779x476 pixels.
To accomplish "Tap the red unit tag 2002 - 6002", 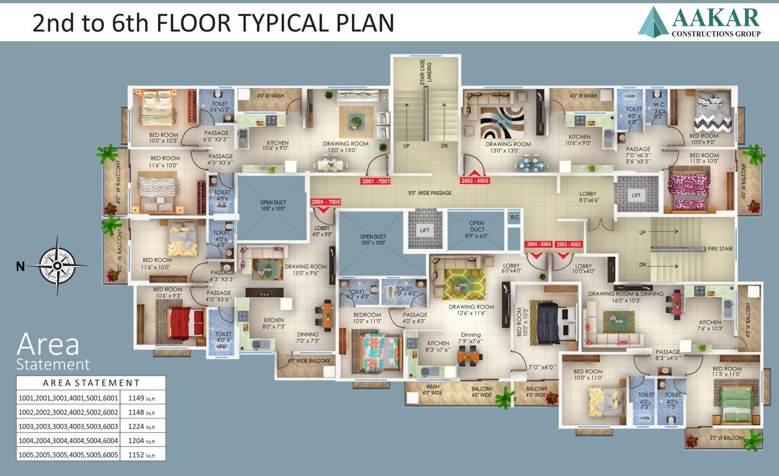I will pos(475,182).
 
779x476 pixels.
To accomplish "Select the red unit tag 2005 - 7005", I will pos(325,202).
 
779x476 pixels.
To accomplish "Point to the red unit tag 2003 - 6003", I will pos(568,244).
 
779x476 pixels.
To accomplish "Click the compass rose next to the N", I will pos(57,266).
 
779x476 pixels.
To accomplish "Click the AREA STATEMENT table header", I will pos(91,382).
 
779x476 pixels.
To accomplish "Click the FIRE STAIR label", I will pos(720,249).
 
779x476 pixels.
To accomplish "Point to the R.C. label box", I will pos(514,218).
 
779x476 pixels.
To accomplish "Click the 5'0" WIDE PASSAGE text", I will pos(429,193).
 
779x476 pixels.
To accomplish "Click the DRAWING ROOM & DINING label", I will pos(625,294).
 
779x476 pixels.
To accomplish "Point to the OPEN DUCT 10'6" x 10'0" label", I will pos(272,206).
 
